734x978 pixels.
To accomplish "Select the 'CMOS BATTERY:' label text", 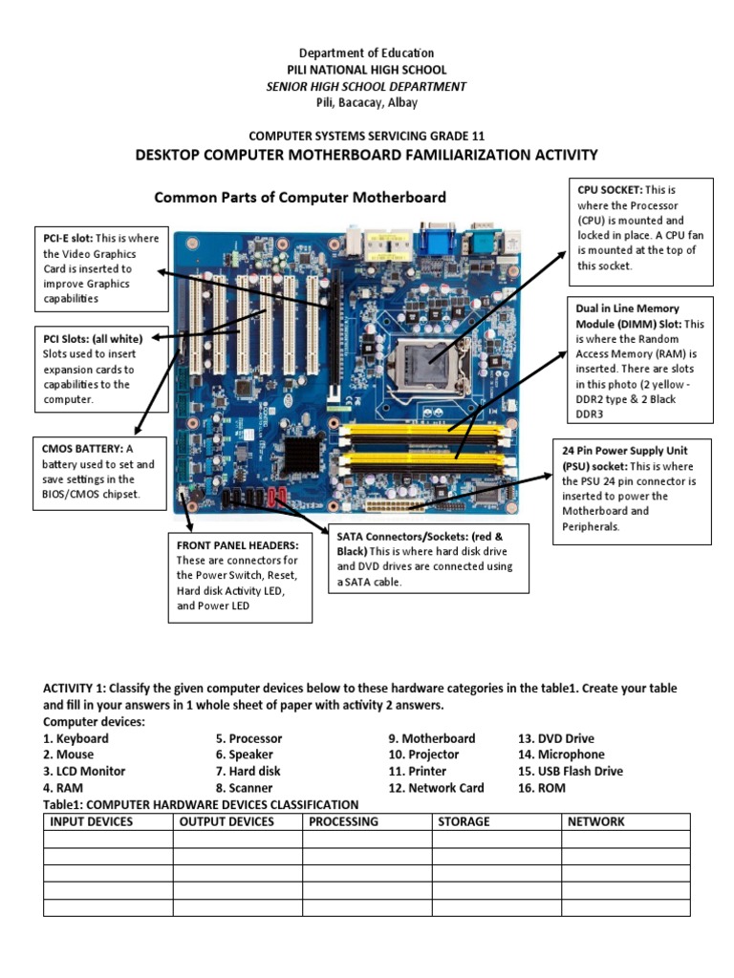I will click(83, 449).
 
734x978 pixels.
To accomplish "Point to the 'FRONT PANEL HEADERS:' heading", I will click(238, 544).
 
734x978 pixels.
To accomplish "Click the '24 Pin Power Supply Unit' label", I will click(624, 450).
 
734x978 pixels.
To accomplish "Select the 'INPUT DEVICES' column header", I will click(92, 821).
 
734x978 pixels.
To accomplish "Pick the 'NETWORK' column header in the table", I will click(595, 821).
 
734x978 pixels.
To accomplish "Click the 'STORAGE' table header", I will click(464, 821).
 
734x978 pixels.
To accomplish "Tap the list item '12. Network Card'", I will click(436, 788).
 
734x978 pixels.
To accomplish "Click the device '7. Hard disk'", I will click(248, 771).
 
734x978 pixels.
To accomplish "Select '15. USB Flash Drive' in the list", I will click(570, 771).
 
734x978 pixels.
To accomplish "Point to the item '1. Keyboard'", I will click(76, 738).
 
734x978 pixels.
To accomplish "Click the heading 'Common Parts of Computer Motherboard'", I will click(300, 198).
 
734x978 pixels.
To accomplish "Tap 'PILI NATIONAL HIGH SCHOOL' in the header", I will click(367, 70).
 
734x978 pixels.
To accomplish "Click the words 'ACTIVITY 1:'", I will click(77, 689).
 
